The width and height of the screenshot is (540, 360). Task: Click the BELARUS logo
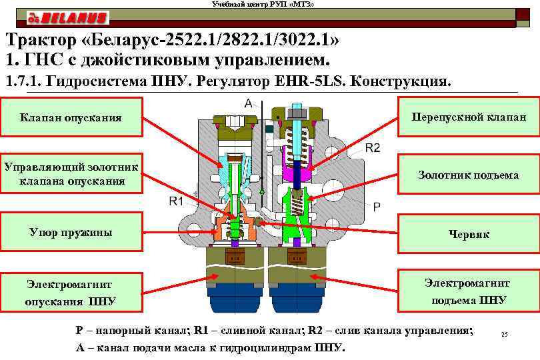click(67, 18)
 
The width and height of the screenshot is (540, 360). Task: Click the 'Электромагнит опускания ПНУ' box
click(71, 292)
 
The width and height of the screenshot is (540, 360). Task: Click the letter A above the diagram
click(248, 103)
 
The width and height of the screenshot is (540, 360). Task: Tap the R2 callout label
click(372, 148)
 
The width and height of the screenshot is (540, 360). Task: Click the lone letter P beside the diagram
click(377, 207)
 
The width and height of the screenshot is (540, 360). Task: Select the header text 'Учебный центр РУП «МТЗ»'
click(263, 5)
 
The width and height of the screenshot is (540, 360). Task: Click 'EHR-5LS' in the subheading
click(309, 83)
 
